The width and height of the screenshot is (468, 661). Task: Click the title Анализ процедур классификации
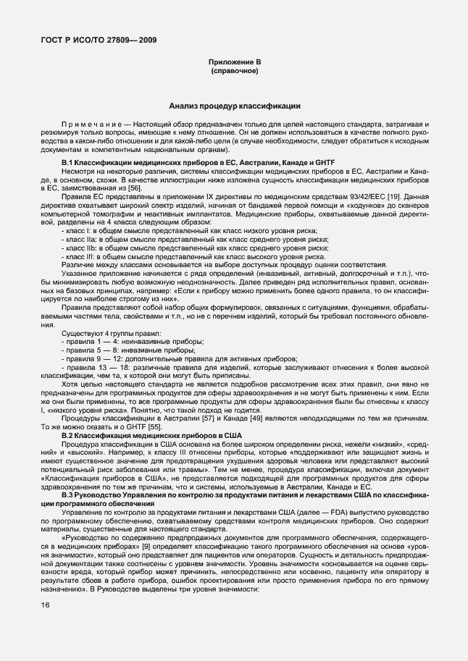click(234, 106)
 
